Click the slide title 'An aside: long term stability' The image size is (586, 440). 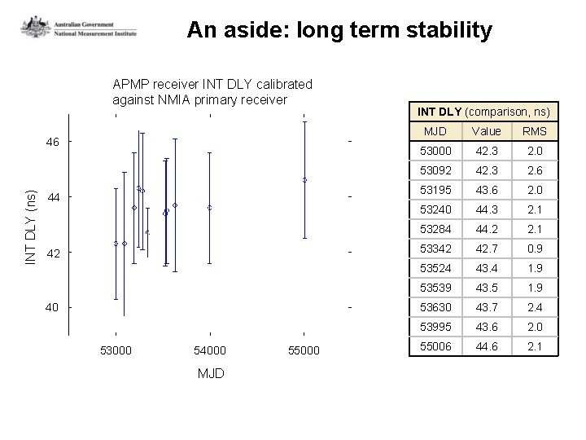coord(339,31)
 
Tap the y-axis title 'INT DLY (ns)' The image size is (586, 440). coord(32,227)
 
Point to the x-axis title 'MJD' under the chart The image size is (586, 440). coord(211,373)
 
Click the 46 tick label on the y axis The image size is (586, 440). coord(52,142)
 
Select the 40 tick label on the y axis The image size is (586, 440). coord(52,307)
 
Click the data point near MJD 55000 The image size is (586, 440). coord(304,180)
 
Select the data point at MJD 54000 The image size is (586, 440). coord(209,208)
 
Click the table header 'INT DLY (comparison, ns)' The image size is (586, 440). coord(483,112)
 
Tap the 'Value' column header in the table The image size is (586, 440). coord(486,131)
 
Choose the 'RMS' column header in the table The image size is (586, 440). coord(534,131)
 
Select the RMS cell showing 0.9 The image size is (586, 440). coord(534,249)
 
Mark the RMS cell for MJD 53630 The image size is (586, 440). coord(534,307)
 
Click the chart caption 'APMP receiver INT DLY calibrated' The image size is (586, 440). coord(212,84)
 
